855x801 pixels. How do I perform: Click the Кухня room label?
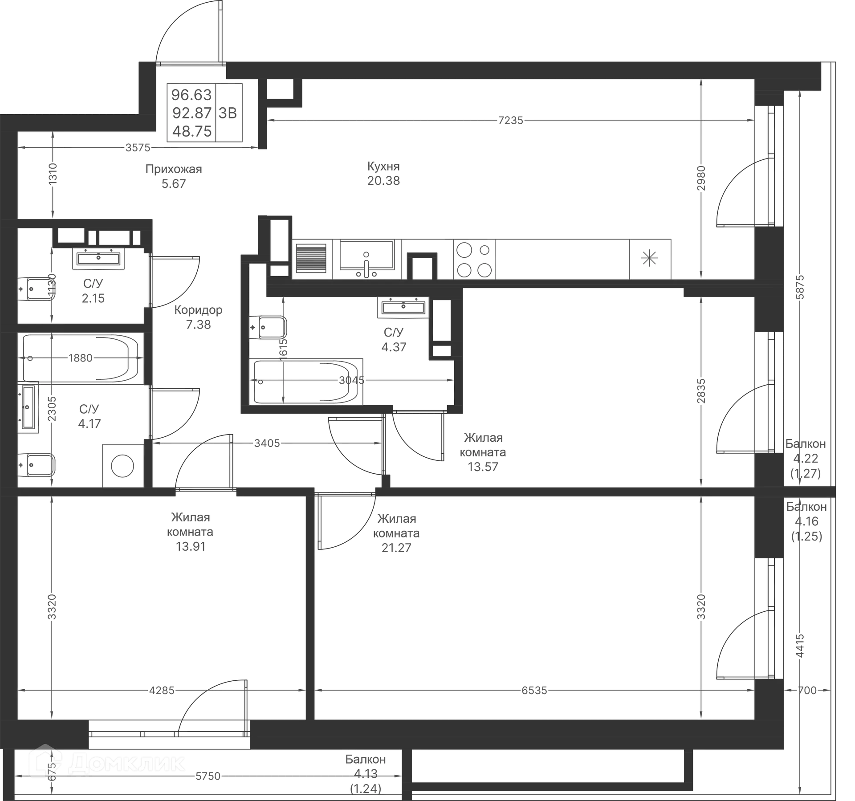tap(384, 167)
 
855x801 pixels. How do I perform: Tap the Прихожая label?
tap(174, 169)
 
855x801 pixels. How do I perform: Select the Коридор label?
tap(199, 310)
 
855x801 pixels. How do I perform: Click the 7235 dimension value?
tap(511, 120)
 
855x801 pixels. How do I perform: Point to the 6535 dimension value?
tap(534, 691)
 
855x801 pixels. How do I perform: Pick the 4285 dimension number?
tap(162, 691)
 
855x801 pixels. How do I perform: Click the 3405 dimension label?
tap(267, 443)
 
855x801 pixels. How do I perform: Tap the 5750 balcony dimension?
tap(208, 776)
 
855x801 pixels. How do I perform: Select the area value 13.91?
tap(191, 546)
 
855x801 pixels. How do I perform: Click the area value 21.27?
tap(396, 547)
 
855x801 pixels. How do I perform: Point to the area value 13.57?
tap(484, 467)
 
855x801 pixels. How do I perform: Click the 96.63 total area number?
tap(191, 95)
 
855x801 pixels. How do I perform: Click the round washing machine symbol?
tap(122, 466)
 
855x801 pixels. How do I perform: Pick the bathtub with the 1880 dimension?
tap(81, 358)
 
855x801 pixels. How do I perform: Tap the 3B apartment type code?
tap(228, 113)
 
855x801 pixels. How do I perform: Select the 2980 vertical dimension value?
tap(701, 179)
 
